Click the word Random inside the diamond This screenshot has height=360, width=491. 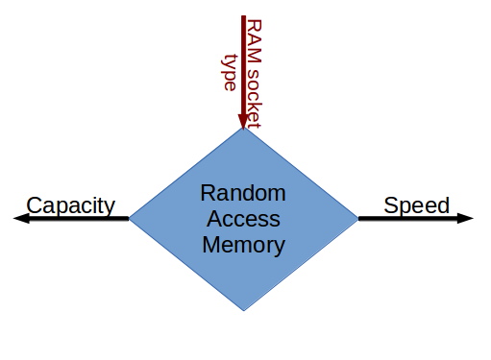click(x=243, y=193)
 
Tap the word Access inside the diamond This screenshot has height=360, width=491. click(x=243, y=219)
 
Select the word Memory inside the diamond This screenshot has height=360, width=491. click(x=243, y=245)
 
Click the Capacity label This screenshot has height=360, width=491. click(x=70, y=204)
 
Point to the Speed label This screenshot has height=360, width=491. click(x=416, y=204)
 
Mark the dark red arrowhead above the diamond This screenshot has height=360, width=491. click(x=243, y=119)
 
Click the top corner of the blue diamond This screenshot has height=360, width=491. click(x=243, y=129)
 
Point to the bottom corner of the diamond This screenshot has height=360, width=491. click(x=243, y=309)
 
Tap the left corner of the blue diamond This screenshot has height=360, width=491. click(x=131, y=219)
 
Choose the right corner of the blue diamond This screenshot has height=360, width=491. click(x=356, y=219)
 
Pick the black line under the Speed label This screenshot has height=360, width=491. click(x=408, y=219)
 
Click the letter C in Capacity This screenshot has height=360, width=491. click(x=34, y=204)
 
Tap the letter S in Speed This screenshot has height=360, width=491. click(x=390, y=204)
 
